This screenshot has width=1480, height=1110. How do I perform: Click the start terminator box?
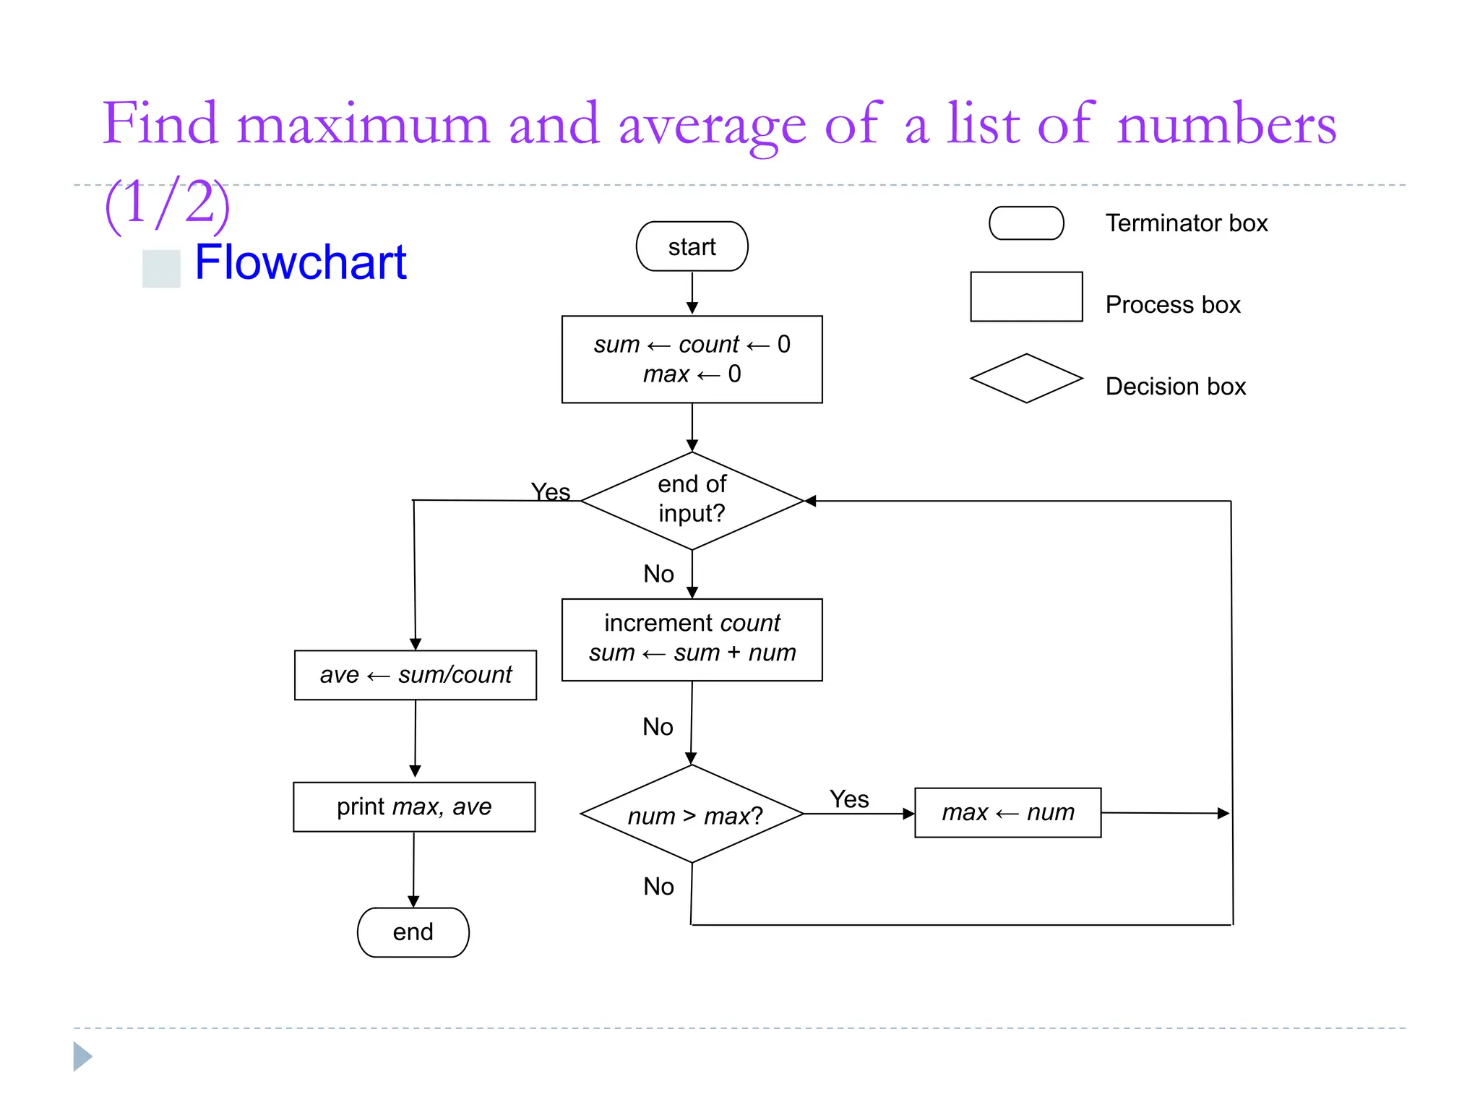coord(692,246)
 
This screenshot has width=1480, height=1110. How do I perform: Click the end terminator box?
coord(413,932)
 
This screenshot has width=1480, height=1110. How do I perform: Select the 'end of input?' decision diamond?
coord(692,500)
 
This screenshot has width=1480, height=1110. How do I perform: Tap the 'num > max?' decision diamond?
coord(692,814)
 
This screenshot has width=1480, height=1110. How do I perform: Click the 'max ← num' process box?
coord(1007,812)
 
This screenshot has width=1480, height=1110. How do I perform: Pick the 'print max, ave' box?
coord(414,806)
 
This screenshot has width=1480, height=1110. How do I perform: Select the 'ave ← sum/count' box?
coord(415,675)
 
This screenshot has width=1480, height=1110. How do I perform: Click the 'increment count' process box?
coord(692,639)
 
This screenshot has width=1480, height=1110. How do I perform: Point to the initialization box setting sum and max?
coord(692,359)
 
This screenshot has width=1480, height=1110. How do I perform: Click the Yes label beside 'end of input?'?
coord(551,492)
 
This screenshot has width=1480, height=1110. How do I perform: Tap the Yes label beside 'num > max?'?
coord(849,799)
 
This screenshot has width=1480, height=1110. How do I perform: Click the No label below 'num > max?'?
coord(658,886)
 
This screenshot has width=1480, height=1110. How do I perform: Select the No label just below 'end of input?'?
coord(658,574)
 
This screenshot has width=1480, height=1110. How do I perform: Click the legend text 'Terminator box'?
coord(1186,223)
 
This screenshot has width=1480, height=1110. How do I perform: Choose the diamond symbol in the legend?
coord(1025,378)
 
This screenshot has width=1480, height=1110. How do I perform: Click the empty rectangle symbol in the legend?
coord(1025,296)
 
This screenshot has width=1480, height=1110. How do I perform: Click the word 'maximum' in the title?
coord(363,124)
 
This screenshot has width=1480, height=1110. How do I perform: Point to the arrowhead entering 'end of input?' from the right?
coord(811,501)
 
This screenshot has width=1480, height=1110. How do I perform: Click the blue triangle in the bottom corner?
coord(82,1057)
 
